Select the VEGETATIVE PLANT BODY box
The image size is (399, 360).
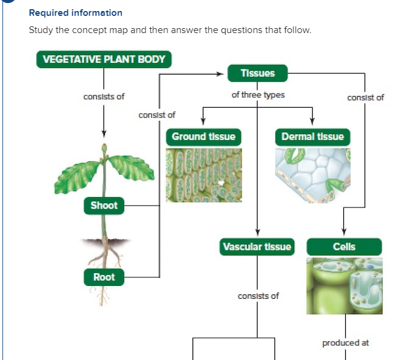pos(104,60)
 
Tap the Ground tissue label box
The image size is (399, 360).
pos(203,137)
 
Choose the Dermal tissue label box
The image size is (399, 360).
pos(313,137)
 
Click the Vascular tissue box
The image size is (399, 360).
pos(257,247)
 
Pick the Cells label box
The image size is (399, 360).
pos(344,247)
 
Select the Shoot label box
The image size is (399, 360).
pos(104,206)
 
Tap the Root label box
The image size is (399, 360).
pos(104,277)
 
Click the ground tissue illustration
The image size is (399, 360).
pos(203,175)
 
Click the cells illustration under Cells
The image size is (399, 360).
pos(344,285)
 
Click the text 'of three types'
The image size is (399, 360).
pos(258,95)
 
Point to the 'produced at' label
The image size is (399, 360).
pos(345,343)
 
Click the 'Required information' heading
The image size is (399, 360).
pos(75,13)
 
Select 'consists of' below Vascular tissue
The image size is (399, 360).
pos(258,296)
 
